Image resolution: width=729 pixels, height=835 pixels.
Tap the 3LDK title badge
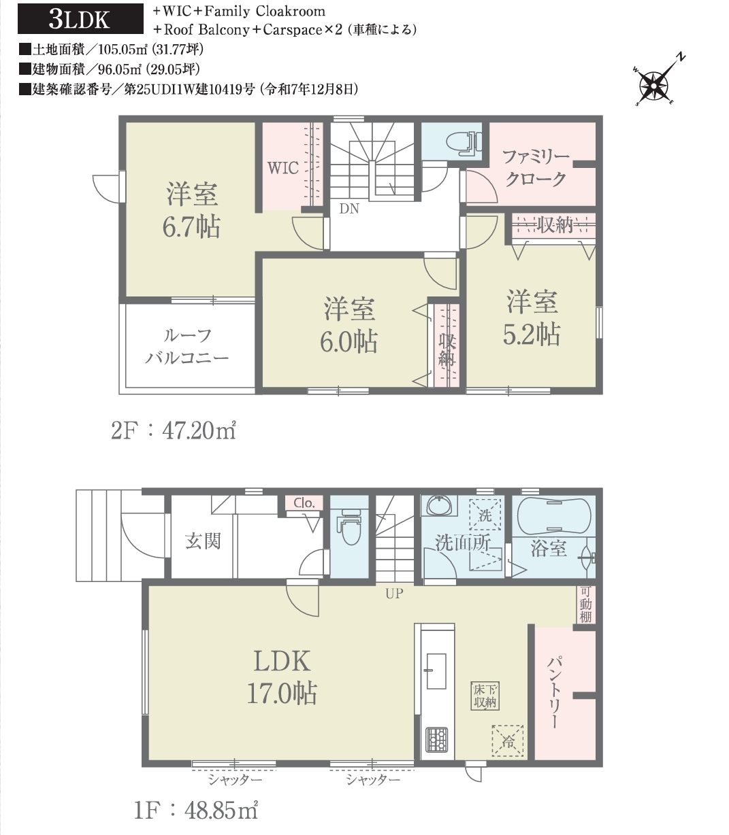(x=80, y=18)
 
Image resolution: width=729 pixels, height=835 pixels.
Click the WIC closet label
(x=282, y=168)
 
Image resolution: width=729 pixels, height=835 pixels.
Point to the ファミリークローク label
(x=536, y=168)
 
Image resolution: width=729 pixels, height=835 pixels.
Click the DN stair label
(x=349, y=209)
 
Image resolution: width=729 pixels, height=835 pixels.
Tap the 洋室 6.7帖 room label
(x=191, y=211)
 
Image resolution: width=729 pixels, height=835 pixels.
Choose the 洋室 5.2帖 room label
(x=532, y=318)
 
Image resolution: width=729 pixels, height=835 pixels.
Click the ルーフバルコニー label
(x=187, y=347)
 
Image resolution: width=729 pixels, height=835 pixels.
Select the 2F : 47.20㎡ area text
(x=174, y=431)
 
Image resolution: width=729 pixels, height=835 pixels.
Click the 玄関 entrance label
(x=203, y=541)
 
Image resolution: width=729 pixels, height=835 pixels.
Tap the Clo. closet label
(x=304, y=502)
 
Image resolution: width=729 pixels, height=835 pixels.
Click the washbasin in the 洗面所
(x=440, y=506)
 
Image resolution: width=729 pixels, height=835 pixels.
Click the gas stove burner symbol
(x=436, y=740)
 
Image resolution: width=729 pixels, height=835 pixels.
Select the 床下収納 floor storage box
(x=485, y=697)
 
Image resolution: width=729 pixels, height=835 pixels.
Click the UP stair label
(x=395, y=594)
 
